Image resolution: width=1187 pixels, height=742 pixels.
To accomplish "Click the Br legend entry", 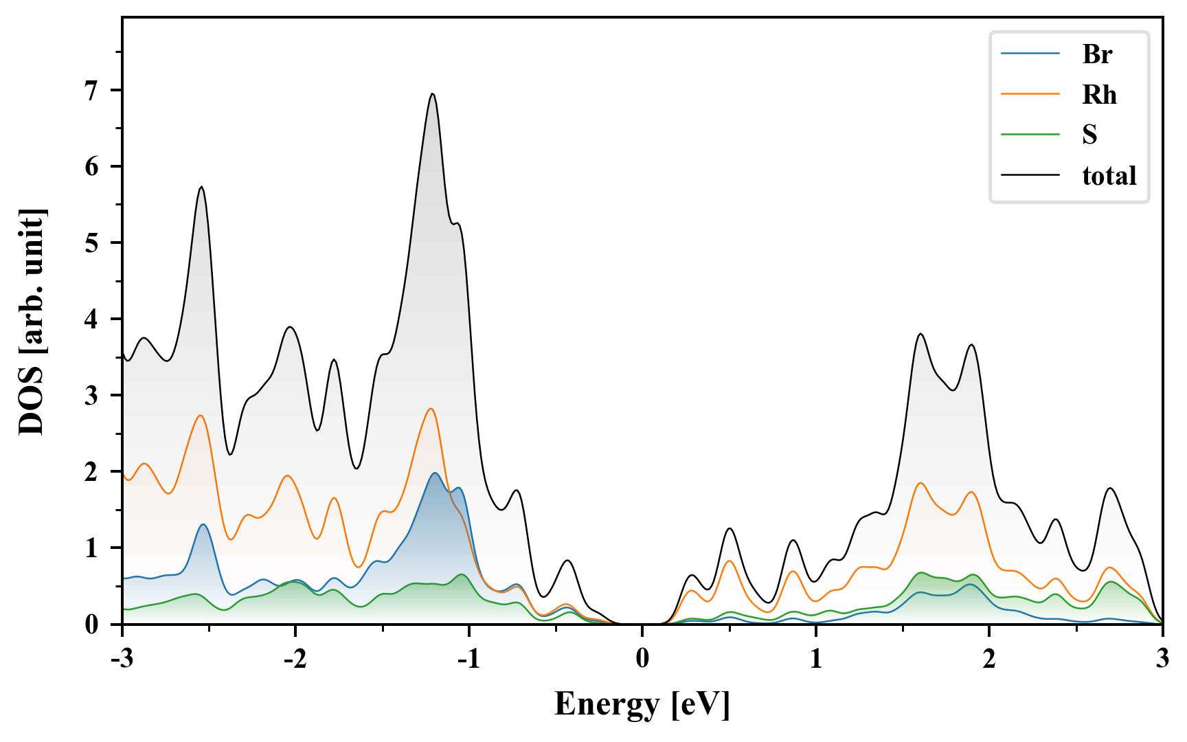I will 1096,54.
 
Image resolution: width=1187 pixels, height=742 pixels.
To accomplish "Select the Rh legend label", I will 1099,94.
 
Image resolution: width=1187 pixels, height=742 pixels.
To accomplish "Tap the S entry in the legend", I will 1089,135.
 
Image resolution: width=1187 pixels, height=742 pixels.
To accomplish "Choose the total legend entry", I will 1109,176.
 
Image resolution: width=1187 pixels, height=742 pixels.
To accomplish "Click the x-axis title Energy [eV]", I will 642,704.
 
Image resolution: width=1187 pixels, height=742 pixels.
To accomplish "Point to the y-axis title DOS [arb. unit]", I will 31,321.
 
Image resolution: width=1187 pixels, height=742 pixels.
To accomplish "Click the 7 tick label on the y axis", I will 92,91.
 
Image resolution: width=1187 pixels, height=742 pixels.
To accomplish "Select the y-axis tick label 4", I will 92,319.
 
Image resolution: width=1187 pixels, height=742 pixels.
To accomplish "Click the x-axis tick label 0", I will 642,659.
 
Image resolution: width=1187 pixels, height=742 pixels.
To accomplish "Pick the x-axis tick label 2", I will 989,659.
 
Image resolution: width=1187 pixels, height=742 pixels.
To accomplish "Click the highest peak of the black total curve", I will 432,94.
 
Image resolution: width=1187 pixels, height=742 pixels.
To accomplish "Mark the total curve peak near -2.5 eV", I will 201,187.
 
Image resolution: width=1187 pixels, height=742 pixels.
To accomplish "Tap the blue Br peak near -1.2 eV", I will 434,473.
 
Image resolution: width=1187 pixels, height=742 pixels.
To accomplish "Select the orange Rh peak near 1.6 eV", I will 920,483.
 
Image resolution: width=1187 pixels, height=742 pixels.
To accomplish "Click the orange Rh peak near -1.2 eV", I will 431,409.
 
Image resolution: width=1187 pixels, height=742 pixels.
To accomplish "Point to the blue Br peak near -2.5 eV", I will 203,525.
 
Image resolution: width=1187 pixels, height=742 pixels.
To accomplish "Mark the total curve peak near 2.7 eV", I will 1110,488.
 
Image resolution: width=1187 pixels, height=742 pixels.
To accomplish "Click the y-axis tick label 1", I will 92,548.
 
